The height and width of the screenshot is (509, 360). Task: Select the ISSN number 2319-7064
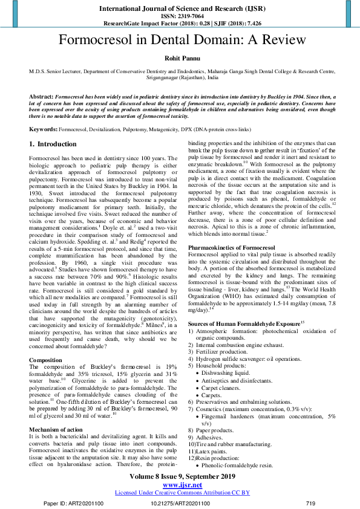click(x=190, y=16)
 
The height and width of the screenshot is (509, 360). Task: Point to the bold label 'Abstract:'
click(x=41, y=97)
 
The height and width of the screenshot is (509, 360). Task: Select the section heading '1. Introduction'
click(x=53, y=144)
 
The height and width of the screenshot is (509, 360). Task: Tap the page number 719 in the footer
click(x=310, y=503)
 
